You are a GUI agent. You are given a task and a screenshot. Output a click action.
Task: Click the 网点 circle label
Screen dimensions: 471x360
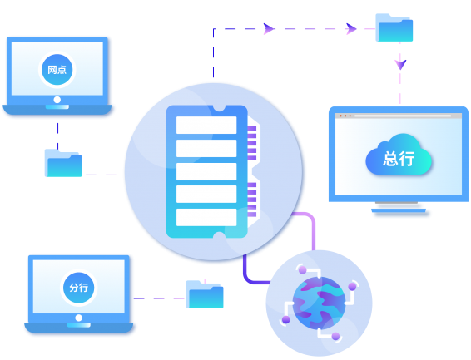click(x=57, y=70)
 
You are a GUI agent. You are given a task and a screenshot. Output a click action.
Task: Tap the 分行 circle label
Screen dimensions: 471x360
click(x=79, y=288)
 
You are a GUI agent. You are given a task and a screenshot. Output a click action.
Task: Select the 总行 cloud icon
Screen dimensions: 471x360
click(x=399, y=155)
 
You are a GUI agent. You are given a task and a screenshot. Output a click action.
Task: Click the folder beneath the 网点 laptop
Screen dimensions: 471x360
click(x=63, y=163)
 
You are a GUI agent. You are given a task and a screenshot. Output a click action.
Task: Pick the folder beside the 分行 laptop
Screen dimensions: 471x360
click(x=205, y=294)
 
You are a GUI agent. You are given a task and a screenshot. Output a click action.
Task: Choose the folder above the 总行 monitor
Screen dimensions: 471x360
click(x=394, y=27)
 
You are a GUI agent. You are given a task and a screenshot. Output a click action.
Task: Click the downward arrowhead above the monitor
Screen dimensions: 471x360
click(x=400, y=64)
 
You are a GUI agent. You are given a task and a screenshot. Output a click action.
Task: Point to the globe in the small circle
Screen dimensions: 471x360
click(x=319, y=303)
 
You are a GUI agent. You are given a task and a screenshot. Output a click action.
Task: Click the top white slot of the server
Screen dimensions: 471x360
click(x=206, y=125)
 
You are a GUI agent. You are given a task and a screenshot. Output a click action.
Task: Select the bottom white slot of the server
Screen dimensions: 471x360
click(x=206, y=217)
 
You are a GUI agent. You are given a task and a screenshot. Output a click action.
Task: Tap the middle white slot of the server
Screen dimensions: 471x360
click(x=206, y=171)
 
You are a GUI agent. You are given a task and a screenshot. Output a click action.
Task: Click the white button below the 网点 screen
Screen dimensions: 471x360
click(x=57, y=100)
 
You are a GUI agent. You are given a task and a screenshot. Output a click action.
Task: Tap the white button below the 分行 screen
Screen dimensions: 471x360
click(x=79, y=318)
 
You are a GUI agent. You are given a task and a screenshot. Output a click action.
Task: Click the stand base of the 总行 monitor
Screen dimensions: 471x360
click(x=399, y=210)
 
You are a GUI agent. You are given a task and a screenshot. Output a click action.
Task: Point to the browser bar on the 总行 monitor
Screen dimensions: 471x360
click(x=399, y=116)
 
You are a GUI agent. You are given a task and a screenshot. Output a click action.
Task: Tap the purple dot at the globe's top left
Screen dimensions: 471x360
click(x=302, y=270)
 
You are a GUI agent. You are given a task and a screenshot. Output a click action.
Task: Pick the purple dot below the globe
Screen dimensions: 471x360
click(x=336, y=336)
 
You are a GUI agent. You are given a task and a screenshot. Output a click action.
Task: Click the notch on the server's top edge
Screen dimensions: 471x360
click(x=219, y=108)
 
